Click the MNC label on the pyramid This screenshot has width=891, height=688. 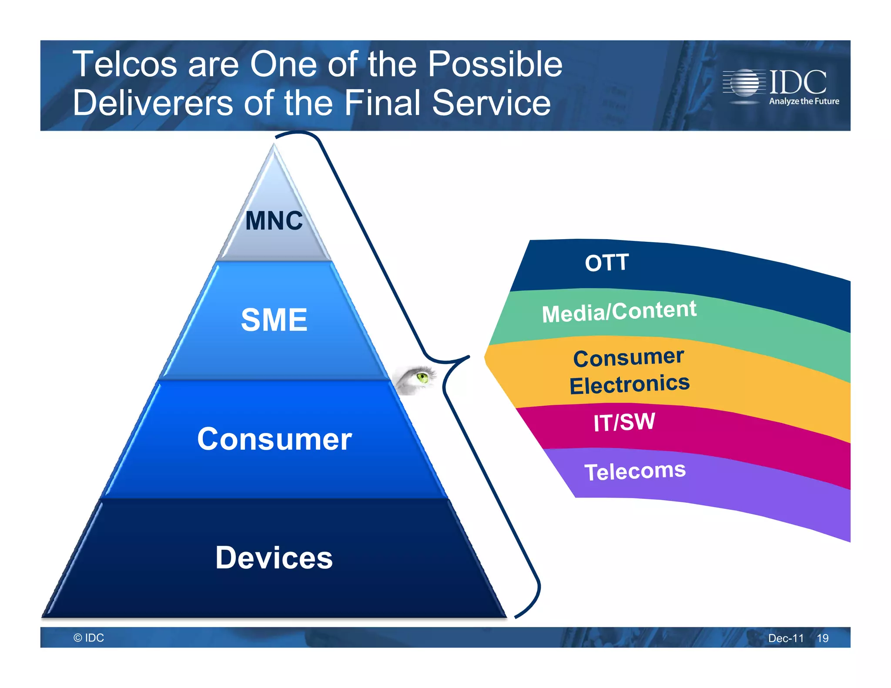tap(274, 221)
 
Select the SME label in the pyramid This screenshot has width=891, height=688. tap(274, 320)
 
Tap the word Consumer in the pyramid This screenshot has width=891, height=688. tap(274, 439)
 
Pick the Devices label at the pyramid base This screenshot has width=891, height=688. tap(274, 558)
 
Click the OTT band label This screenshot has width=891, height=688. tap(606, 263)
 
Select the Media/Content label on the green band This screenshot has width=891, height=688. tap(619, 311)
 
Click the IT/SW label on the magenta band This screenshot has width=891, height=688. tap(624, 422)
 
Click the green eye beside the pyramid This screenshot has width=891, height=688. tap(421, 377)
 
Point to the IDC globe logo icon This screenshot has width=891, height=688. tap(744, 83)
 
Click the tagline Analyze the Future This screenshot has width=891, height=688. tap(804, 101)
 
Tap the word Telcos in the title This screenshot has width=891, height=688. tap(124, 64)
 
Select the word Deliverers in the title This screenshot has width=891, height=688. tap(153, 103)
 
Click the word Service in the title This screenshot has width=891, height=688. tap(491, 103)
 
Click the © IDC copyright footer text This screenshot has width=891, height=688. tap(89, 638)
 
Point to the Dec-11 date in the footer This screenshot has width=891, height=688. tap(786, 638)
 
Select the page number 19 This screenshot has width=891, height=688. tap(822, 638)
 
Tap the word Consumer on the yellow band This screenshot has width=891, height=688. tap(628, 358)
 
